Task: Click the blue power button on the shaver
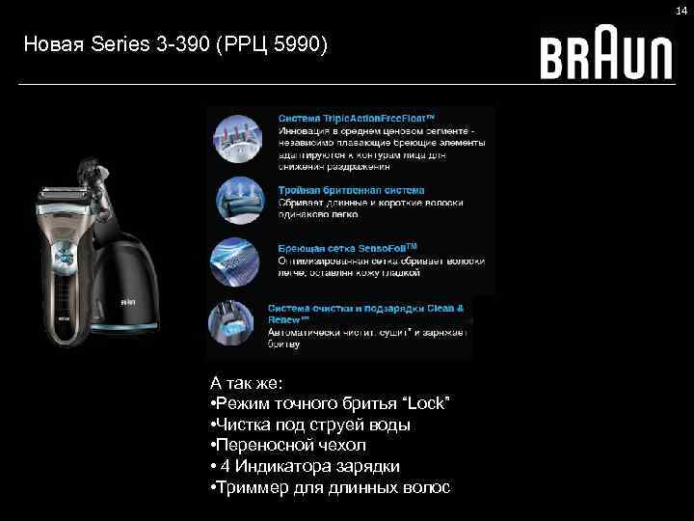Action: (x=64, y=258)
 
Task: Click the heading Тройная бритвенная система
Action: (x=351, y=191)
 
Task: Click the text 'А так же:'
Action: (x=246, y=382)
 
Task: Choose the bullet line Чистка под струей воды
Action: (x=314, y=425)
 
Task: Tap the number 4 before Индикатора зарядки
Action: (x=224, y=467)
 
